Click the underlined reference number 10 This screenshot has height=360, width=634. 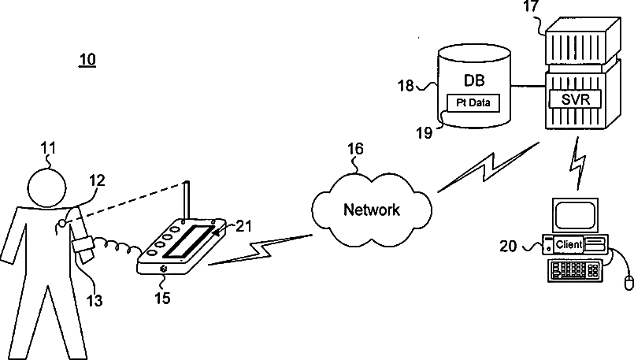coord(87,60)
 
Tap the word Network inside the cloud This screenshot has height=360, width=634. coord(372,210)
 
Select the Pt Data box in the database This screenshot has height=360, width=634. coord(473,102)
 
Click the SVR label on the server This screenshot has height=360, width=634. coord(576,98)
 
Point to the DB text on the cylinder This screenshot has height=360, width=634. coord(474,80)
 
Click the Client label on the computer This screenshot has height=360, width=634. coord(569,244)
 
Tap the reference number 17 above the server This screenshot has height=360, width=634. coord(532,7)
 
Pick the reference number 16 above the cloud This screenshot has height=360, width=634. coord(355,149)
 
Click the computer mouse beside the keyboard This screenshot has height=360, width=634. coord(628,282)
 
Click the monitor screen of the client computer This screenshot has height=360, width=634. coord(576,215)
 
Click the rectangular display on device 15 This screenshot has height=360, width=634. coord(188,241)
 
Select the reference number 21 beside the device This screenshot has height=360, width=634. coord(243,226)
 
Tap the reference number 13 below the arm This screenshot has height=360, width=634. coord(95,301)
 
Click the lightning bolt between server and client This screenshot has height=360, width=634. coord(578,163)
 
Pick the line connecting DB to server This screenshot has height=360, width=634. coord(528,86)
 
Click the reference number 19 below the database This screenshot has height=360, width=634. coord(425,132)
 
